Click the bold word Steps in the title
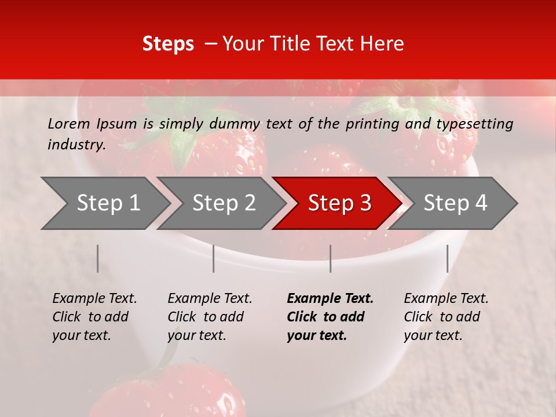168,44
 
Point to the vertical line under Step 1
98,258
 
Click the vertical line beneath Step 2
214,258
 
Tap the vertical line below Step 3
331,258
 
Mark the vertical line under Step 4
448,258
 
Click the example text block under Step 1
94,317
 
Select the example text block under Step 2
210,317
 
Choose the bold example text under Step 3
330,317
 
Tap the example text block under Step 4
446,317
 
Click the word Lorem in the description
68,124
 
